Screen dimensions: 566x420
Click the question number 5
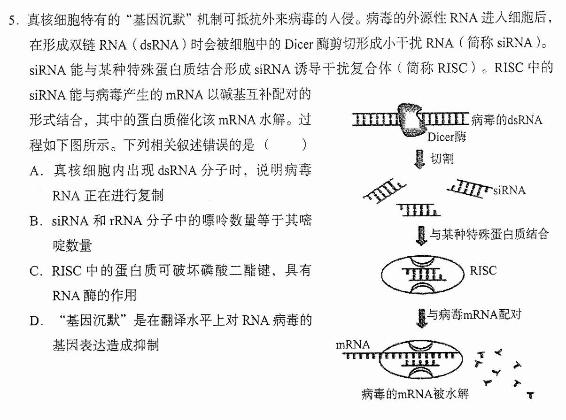[x=13, y=20]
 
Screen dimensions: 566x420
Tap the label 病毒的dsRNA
[x=506, y=120]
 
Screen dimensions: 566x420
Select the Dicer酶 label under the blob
[x=447, y=137]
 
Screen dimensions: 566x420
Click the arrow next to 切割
[x=419, y=160]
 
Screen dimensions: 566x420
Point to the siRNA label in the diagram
[x=509, y=190]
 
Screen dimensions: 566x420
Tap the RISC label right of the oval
[x=483, y=271]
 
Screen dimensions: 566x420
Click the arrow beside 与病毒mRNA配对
[x=422, y=318]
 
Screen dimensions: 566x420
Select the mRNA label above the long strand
[x=353, y=345]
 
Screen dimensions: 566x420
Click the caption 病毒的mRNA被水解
[x=415, y=394]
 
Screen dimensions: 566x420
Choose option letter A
[x=35, y=171]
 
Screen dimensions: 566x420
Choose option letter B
[x=34, y=221]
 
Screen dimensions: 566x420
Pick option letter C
[x=34, y=271]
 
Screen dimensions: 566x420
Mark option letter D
[x=34, y=321]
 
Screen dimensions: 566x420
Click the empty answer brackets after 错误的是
[x=285, y=145]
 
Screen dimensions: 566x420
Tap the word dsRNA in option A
[x=177, y=171]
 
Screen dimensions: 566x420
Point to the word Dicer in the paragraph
[x=299, y=45]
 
